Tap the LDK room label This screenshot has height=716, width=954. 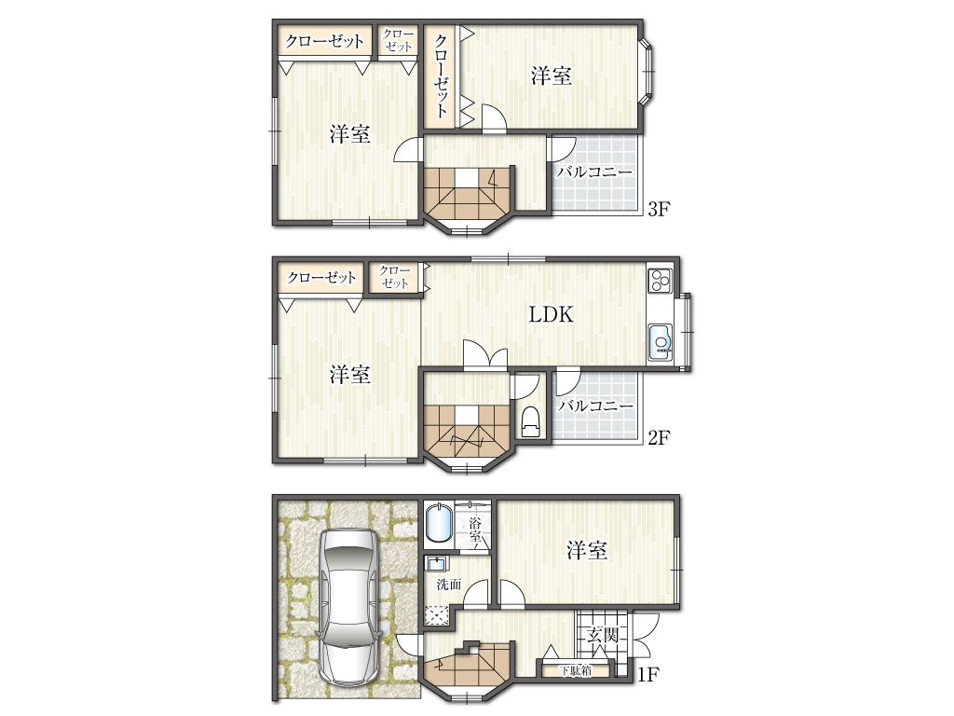[551, 315]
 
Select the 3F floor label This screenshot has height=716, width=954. [659, 209]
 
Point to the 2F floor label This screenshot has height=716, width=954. [659, 437]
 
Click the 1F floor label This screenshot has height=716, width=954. [648, 674]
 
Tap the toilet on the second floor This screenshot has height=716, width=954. [530, 420]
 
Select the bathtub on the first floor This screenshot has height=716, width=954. [438, 522]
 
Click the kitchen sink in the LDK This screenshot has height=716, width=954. [661, 342]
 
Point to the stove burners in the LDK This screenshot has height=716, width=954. [661, 280]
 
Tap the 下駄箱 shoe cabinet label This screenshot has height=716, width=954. [576, 671]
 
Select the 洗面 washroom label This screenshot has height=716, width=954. [449, 585]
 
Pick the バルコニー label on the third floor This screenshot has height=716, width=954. [594, 172]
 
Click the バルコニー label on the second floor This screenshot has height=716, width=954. [595, 406]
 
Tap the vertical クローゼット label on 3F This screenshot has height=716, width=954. [441, 76]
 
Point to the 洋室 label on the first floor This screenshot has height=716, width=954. [587, 550]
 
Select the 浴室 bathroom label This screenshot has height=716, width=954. [475, 530]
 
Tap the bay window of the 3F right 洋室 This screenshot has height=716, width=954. [647, 71]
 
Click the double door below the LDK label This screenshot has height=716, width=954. [484, 355]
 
